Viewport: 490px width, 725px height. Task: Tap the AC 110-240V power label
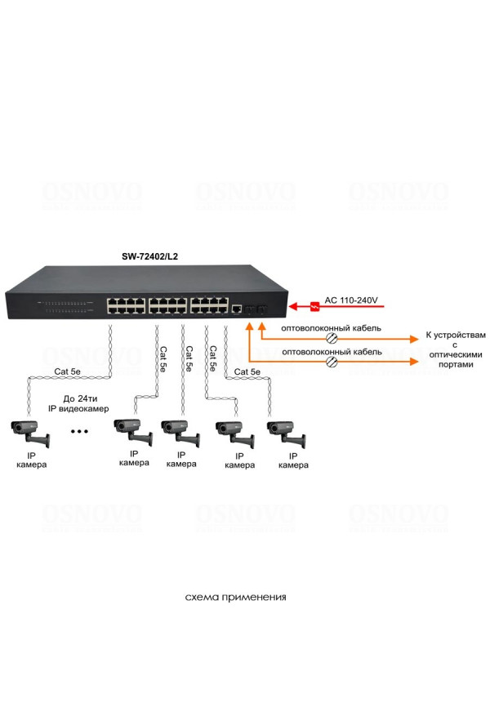coord(351,301)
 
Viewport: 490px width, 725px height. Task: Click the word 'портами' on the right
coord(449,365)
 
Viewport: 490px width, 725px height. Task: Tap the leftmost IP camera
coord(30,431)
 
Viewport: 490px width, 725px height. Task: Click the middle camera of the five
coord(180,431)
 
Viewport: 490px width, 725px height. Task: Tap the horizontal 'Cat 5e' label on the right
coord(247,371)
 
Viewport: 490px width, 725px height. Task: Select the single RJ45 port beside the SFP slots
coord(237,309)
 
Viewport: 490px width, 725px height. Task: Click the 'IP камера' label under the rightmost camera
coord(293,460)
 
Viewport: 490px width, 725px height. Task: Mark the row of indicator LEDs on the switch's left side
coord(68,306)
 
